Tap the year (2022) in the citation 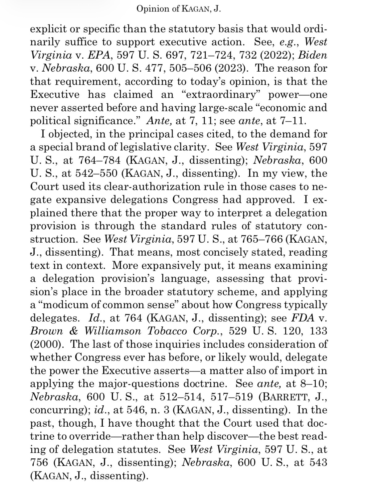tap(278, 55)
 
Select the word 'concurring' tap(58, 410)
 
